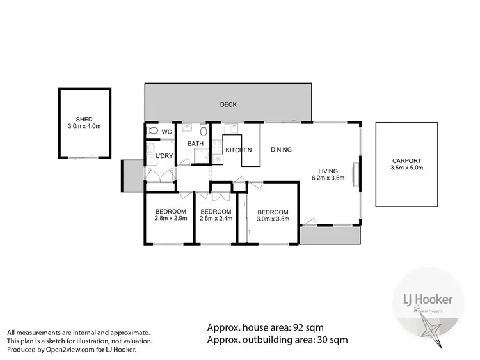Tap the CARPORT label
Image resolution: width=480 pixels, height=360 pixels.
coord(407,161)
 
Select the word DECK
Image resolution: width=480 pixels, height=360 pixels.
coord(228,104)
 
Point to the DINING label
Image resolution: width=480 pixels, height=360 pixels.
coord(281,150)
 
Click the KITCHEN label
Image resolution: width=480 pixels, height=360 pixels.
coord(238,150)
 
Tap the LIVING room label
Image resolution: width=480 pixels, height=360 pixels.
coord(330,171)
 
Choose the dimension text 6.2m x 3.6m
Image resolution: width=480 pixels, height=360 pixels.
coord(330,178)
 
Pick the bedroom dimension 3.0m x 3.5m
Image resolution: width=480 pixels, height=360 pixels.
coord(273,219)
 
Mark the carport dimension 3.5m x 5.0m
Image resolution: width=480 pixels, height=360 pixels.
coord(407,168)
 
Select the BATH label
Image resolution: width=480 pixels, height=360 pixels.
coord(195,144)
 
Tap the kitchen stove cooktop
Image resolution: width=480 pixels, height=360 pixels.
coord(217,157)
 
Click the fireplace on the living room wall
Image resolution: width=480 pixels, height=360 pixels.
coord(355,173)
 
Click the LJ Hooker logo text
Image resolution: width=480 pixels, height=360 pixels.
coord(428,299)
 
